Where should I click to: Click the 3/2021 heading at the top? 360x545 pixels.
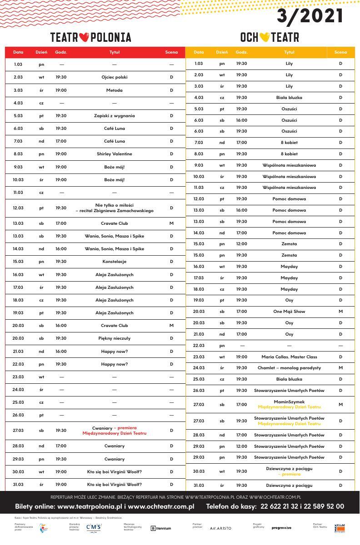click(310, 16)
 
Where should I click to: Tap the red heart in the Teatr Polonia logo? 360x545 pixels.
click(85, 37)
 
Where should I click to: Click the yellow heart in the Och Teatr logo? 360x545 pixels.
click(265, 37)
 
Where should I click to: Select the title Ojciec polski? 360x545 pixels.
click(115, 77)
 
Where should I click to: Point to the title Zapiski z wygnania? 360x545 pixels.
click(115, 116)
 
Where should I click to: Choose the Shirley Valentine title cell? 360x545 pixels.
click(115, 154)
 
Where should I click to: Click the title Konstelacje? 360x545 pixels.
click(115, 262)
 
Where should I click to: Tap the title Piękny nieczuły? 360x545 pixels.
click(115, 338)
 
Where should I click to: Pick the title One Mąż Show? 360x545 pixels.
click(289, 312)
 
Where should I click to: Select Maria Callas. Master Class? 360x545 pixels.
click(289, 357)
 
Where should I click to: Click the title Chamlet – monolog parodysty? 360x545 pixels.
click(289, 368)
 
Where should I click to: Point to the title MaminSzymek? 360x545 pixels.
click(289, 402)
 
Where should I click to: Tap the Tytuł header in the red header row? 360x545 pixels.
click(115, 52)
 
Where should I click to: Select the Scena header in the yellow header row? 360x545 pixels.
click(340, 52)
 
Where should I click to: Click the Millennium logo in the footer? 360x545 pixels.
click(161, 528)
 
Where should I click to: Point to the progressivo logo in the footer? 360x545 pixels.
click(281, 528)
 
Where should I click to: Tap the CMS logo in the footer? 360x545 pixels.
click(94, 527)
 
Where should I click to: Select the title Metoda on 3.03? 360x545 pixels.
click(115, 90)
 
